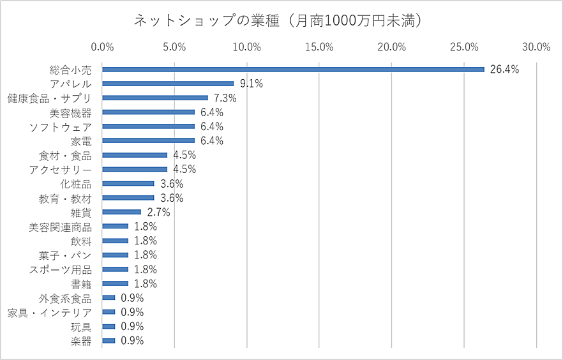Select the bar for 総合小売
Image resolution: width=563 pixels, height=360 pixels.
click(293, 69)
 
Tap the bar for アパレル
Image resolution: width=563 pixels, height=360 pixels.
click(168, 84)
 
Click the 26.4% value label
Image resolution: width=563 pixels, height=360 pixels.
click(504, 69)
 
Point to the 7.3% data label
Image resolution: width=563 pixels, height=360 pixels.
click(225, 98)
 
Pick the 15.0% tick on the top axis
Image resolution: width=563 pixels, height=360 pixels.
click(319, 47)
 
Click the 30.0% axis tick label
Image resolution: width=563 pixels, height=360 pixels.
click(536, 47)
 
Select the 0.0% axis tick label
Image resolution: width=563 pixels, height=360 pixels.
click(102, 47)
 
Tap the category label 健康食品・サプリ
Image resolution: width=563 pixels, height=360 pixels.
click(50, 98)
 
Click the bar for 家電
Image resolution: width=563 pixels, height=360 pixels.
click(148, 140)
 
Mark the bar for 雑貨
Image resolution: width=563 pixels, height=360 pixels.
click(121, 212)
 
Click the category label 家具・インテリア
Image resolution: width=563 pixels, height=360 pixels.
click(50, 312)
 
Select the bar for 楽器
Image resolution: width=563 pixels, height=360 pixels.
click(109, 341)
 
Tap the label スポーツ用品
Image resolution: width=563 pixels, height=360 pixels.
click(61, 269)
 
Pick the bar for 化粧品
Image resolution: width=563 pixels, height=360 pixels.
click(128, 183)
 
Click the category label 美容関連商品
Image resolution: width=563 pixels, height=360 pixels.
click(61, 227)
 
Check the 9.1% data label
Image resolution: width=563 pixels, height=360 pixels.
click(251, 84)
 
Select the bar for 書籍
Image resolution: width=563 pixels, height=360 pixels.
click(115, 283)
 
